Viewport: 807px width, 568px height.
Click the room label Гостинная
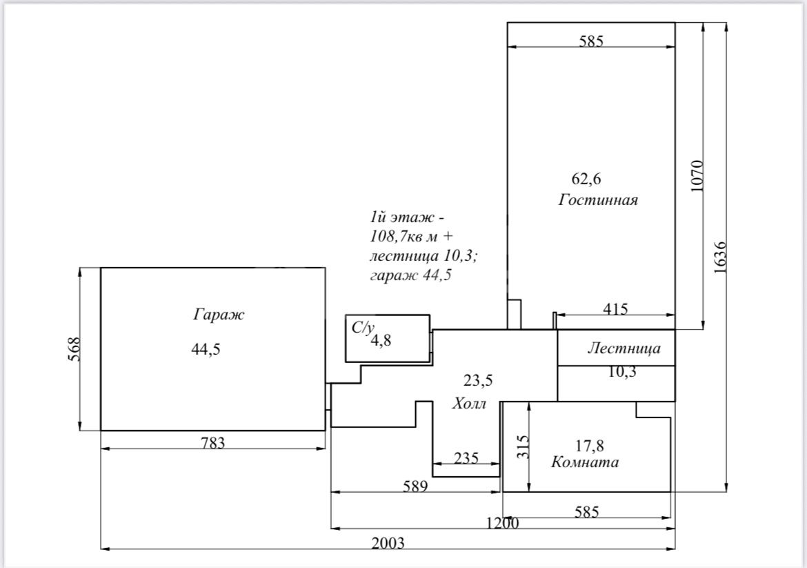598,200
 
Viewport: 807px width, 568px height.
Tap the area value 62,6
586,179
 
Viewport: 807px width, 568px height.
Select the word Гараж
219,315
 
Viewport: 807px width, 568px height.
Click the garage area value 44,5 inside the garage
206,349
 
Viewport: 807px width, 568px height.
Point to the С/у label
363,328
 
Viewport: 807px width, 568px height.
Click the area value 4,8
381,340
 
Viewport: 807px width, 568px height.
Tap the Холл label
470,404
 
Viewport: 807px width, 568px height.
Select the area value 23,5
478,380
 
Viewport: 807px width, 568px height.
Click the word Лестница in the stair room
624,349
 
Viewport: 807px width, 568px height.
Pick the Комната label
585,462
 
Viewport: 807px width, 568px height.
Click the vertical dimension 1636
719,257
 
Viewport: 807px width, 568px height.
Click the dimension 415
615,309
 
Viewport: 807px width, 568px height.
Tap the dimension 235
467,458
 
